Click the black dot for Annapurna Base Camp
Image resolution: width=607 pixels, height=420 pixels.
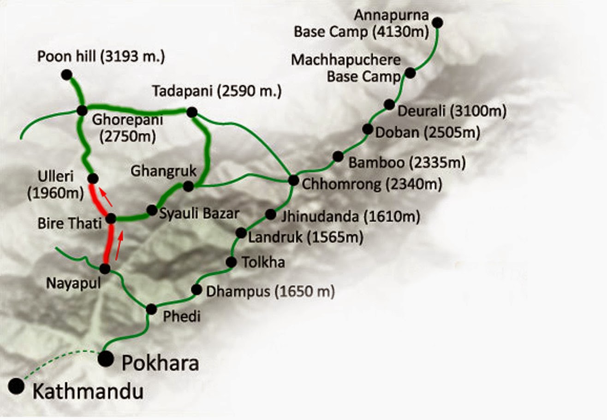438,22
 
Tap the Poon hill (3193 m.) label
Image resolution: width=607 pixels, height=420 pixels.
101,57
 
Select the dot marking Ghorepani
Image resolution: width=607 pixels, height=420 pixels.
82,110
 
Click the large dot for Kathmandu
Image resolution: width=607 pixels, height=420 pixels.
17,386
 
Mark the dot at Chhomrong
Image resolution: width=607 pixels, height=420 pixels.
293,180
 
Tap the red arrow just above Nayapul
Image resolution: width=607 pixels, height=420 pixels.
119,246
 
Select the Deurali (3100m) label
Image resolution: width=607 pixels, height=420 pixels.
452,111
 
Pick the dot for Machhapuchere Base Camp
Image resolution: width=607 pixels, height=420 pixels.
410,73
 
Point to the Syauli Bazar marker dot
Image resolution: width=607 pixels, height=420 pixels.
152,210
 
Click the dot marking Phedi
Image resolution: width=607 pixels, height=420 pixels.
151,309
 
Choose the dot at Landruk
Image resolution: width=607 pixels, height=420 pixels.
241,233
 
